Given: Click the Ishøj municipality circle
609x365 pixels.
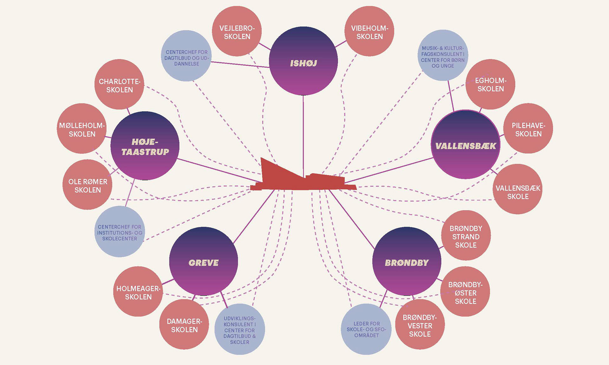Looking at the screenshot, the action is (x=303, y=61).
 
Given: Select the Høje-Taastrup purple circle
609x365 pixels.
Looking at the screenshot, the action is (x=145, y=146).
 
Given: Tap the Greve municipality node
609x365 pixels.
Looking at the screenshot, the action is (x=204, y=261).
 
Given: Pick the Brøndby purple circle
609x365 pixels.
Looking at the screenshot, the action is (x=407, y=261).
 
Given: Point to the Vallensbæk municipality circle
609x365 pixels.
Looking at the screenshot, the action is (x=465, y=144).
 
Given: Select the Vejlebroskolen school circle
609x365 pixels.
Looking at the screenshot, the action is (x=237, y=31).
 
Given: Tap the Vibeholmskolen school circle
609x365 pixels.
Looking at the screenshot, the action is (x=369, y=31).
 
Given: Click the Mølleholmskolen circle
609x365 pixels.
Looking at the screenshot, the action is (x=82, y=129).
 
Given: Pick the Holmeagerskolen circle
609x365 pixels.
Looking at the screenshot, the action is (x=138, y=291).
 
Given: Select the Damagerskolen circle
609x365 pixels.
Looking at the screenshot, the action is (x=184, y=324).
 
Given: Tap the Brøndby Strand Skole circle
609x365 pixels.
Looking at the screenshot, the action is (x=466, y=236).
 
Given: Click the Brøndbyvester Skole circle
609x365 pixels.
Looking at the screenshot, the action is (x=420, y=325).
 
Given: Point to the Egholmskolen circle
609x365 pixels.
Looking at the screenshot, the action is (x=490, y=84).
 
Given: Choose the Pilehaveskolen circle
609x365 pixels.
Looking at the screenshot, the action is (x=528, y=128).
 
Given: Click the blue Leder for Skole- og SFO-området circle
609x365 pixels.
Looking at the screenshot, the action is (x=366, y=329).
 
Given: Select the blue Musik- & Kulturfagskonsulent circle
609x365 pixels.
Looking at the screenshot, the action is (x=443, y=55).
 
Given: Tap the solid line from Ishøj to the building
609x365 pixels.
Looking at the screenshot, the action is (x=303, y=133).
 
